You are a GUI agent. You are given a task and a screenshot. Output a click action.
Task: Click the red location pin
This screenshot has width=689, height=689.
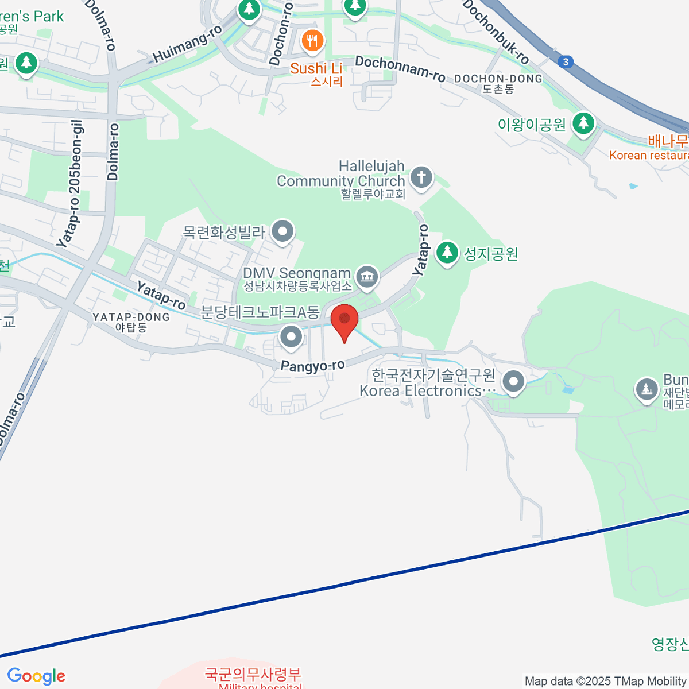(344, 320)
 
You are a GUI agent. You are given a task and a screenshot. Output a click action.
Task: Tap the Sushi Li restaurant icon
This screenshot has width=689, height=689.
(312, 40)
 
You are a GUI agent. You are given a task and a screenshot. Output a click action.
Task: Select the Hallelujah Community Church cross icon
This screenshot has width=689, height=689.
(421, 176)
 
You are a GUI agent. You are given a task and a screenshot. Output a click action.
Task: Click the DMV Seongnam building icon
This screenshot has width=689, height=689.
(366, 277)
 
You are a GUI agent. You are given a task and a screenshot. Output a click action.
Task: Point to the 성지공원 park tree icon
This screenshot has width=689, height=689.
(447, 252)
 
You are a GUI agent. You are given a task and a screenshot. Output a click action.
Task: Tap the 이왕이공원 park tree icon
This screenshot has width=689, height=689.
(584, 122)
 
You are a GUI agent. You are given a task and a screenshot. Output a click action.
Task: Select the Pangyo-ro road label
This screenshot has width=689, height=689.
(312, 366)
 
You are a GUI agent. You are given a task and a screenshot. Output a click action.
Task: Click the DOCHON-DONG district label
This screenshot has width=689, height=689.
(498, 79)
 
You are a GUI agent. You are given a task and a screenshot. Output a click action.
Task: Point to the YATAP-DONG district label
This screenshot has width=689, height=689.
(131, 317)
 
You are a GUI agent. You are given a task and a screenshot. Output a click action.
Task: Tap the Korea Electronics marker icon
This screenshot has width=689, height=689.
(513, 381)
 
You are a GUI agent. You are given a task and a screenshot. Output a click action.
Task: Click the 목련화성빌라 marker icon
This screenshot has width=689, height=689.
(282, 232)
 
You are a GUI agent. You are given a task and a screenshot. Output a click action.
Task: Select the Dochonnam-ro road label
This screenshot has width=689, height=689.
(400, 68)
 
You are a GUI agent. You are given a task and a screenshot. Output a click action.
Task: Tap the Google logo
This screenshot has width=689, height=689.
(36, 676)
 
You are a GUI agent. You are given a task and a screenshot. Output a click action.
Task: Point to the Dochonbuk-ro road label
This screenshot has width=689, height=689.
(495, 32)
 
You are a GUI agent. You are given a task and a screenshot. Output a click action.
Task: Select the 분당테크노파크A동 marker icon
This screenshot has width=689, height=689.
(291, 336)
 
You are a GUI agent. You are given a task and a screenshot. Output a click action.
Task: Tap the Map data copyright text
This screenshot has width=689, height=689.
(606, 681)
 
